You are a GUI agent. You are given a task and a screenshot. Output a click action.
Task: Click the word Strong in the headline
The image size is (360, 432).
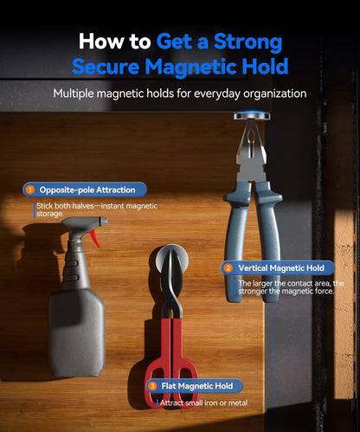tap(247, 42)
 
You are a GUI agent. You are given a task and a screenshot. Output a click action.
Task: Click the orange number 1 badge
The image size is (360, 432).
tap(29, 190)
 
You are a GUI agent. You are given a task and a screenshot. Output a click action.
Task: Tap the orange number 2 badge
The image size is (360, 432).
tap(228, 268)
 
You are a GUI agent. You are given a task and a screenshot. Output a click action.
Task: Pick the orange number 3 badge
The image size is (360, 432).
tap(152, 386)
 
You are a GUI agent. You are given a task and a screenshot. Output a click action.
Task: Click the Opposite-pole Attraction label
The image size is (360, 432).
tap(87, 190)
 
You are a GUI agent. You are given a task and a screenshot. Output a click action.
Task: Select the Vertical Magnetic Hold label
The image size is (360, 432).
tap(281, 268)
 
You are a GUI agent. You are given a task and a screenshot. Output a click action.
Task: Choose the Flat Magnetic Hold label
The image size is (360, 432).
tap(197, 386)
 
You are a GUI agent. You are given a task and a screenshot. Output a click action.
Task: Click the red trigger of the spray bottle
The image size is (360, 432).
tap(95, 238)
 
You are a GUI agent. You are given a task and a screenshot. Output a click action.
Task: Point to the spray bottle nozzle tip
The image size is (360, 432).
tap(105, 222)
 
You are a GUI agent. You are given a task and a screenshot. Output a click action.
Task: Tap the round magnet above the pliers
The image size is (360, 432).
tap(252, 116)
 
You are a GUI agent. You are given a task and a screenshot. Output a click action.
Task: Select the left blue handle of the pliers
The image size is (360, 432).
tap(236, 240)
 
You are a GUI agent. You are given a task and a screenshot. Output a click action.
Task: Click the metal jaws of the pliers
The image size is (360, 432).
tap(251, 150)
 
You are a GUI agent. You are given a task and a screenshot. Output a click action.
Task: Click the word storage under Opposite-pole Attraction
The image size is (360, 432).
tap(49, 214)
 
